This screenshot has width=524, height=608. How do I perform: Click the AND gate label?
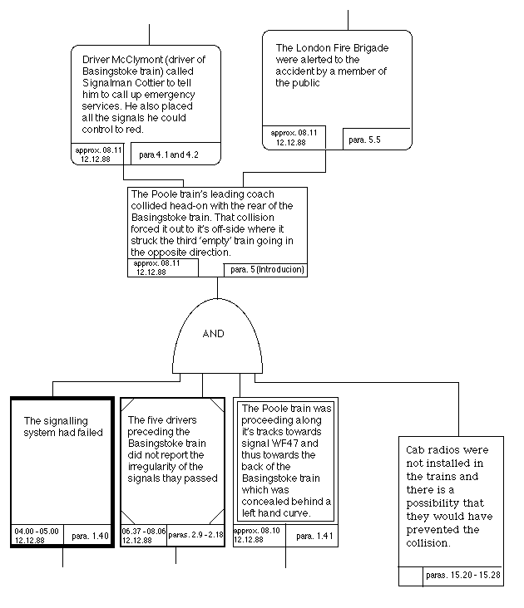pyautogui.click(x=213, y=333)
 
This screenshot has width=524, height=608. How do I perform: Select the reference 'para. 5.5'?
pyautogui.click(x=364, y=140)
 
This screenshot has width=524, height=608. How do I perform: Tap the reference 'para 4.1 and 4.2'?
pyautogui.click(x=169, y=154)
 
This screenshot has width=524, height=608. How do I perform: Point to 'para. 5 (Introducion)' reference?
pyautogui.click(x=267, y=269)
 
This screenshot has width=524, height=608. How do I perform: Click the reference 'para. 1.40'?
pyautogui.click(x=90, y=537)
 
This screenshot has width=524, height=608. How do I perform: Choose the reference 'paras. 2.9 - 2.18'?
pyautogui.click(x=195, y=535)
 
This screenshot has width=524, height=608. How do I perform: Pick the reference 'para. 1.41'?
pyautogui.click(x=314, y=536)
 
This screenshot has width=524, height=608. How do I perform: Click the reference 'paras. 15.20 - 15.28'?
pyautogui.click(x=463, y=575)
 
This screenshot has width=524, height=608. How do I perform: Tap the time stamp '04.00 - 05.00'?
pyautogui.click(x=37, y=532)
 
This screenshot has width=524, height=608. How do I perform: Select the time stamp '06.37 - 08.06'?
pyautogui.click(x=144, y=532)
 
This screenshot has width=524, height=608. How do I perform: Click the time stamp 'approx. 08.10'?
pyautogui.click(x=256, y=531)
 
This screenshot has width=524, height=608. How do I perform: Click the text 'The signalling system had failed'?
pyautogui.click(x=63, y=427)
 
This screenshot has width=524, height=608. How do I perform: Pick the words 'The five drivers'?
pyautogui.click(x=162, y=420)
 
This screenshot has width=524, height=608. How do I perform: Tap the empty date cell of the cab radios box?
pyautogui.click(x=411, y=576)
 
